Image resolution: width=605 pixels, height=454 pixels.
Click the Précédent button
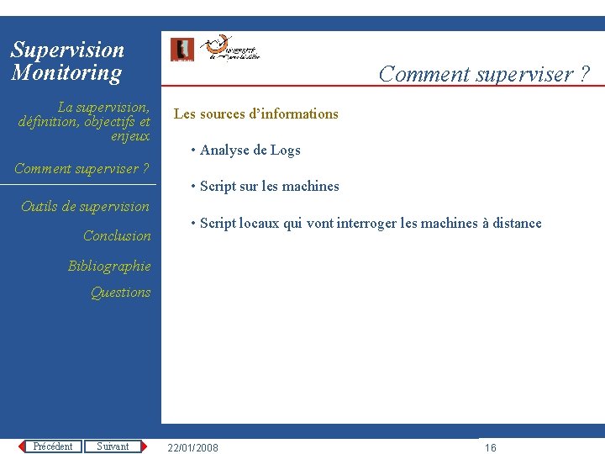tap(52, 446)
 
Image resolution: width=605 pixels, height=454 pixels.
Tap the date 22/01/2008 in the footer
tap(192, 447)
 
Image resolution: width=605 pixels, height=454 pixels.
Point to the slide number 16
tap(491, 447)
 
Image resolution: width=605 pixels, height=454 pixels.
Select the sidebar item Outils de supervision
tap(85, 206)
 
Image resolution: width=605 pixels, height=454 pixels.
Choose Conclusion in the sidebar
tap(117, 235)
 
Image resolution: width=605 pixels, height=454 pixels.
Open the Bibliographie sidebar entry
tap(109, 266)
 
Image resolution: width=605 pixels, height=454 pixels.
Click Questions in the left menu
tap(120, 292)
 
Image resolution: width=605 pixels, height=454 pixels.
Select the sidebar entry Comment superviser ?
tap(82, 168)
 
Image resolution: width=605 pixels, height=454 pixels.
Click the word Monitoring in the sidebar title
tap(66, 72)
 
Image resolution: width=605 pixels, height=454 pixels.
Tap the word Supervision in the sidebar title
tap(67, 50)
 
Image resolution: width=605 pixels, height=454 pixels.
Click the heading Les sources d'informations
tap(255, 113)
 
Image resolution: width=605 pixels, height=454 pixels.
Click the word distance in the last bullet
tap(516, 223)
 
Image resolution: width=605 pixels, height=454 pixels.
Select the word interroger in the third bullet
tap(366, 223)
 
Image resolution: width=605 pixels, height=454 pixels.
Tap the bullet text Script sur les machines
tap(269, 186)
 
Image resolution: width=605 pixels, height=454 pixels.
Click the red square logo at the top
tap(181, 50)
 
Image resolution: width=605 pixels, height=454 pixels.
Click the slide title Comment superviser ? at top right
tap(484, 74)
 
